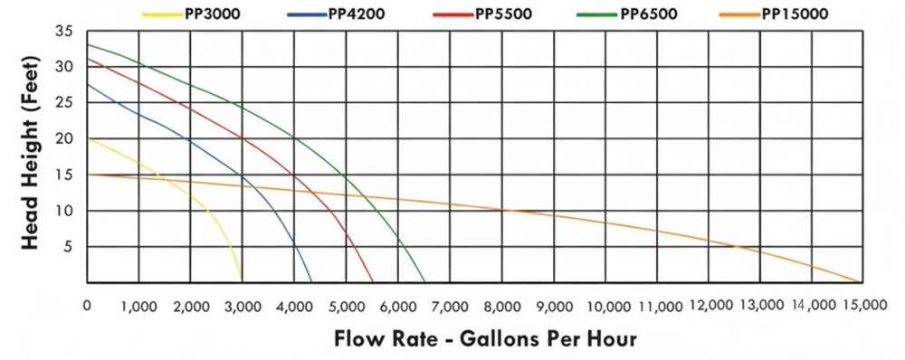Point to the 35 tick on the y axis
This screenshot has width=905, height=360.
coord(64,31)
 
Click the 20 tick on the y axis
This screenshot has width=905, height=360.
coord(64,138)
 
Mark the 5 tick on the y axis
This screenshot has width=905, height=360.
coord(68,247)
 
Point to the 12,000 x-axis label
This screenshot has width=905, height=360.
coord(709,307)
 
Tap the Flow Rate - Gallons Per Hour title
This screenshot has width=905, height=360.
coord(485,339)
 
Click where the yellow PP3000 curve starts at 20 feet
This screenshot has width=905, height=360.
coord(88,138)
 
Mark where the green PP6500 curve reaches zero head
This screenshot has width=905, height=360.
coord(424,281)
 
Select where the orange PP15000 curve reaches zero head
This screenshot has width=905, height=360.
coord(860,281)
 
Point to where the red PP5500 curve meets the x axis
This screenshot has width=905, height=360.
coord(373,281)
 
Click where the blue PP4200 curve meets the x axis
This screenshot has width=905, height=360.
coord(311,281)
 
